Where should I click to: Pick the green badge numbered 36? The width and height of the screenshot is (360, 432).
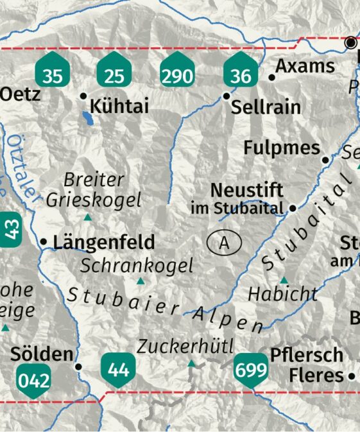(x=241, y=73)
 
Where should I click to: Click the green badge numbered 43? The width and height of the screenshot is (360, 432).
(x=12, y=229)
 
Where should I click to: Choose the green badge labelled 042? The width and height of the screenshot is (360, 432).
(x=34, y=378)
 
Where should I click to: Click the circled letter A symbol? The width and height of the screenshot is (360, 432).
(x=224, y=243)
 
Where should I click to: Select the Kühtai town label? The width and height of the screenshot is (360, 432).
(x=120, y=106)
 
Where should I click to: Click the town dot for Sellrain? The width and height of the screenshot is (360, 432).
(x=226, y=96)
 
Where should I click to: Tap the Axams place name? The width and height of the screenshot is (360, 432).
(x=305, y=66)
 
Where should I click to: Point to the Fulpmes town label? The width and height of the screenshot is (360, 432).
(x=282, y=148)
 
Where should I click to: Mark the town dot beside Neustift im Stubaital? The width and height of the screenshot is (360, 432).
(x=293, y=208)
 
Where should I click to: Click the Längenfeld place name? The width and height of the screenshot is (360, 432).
(x=104, y=242)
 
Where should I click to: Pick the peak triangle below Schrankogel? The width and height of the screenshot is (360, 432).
(x=141, y=281)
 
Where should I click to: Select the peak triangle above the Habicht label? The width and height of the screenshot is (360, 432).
(x=284, y=280)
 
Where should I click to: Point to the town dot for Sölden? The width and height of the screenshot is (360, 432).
(x=79, y=367)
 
